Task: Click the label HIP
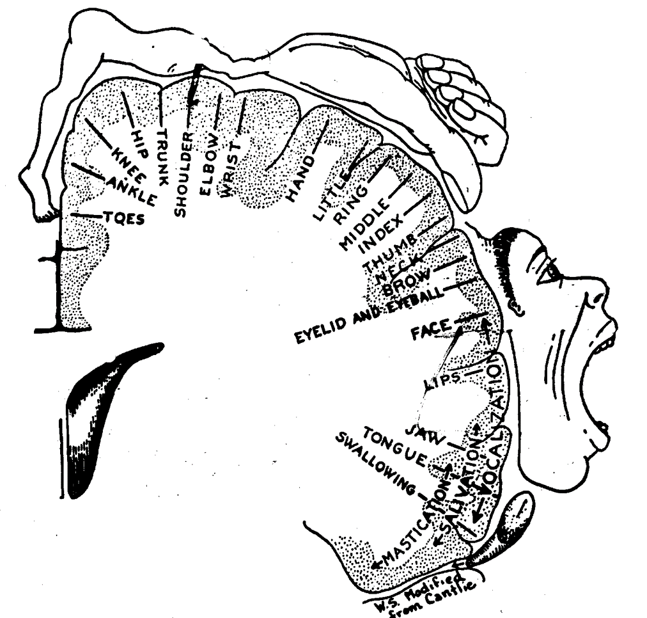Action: pos(139,142)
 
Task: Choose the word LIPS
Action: pos(442,379)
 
